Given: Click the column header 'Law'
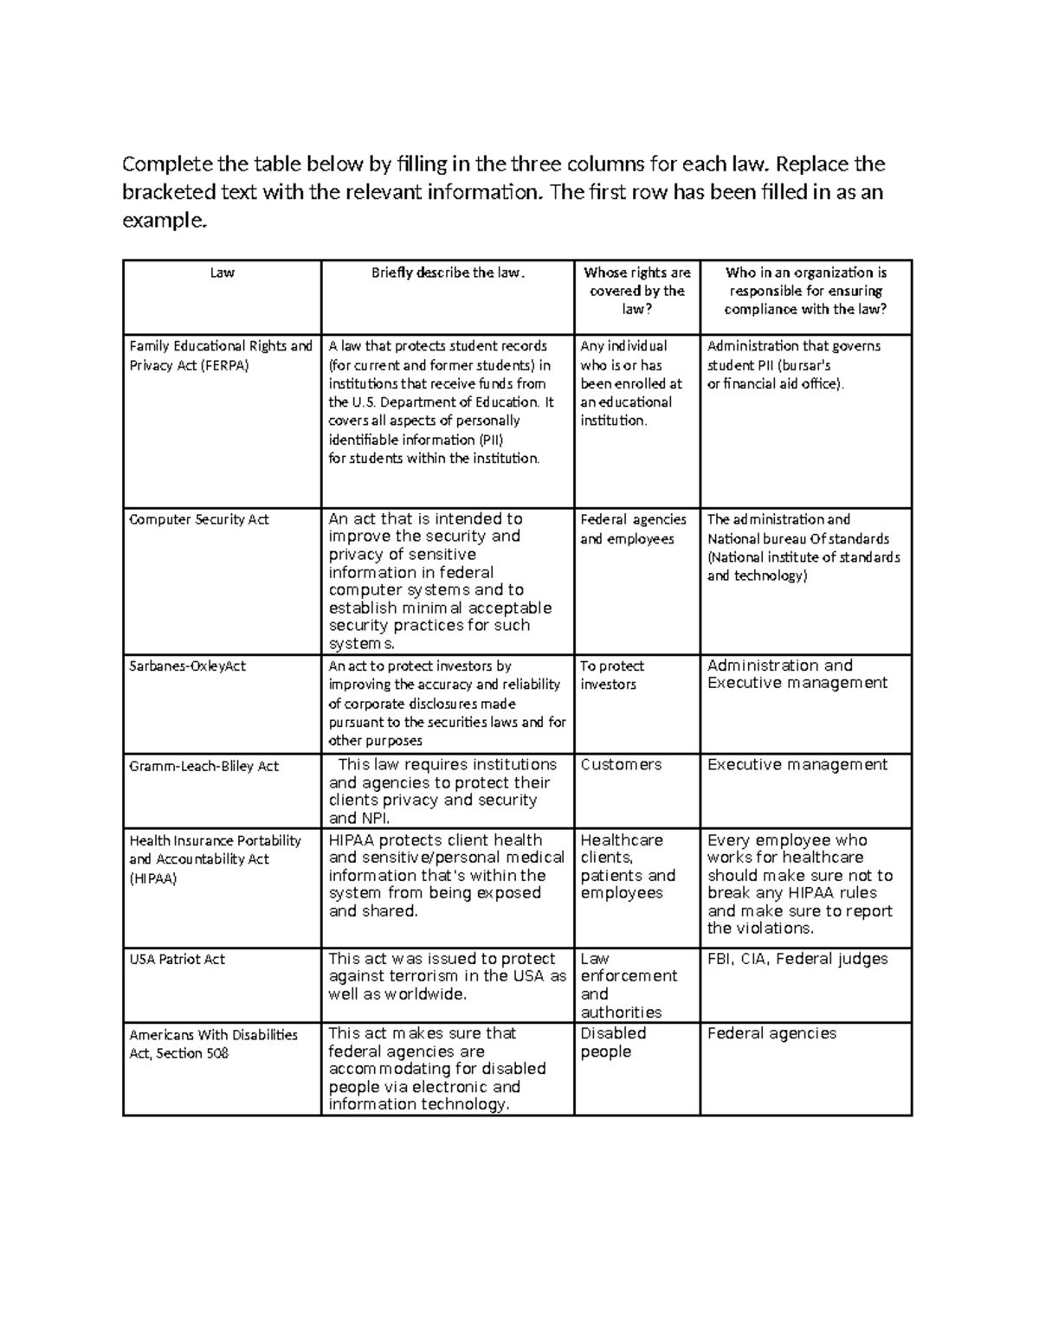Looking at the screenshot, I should (x=222, y=273).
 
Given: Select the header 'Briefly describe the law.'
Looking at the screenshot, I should (x=448, y=273).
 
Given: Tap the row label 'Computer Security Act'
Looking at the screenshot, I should (x=198, y=519).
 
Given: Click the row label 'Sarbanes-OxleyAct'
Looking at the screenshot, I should (x=187, y=666).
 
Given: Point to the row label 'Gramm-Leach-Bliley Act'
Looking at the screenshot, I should (x=203, y=766).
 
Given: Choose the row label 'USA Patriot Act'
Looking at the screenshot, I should (x=177, y=959).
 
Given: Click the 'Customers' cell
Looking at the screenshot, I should (x=621, y=765).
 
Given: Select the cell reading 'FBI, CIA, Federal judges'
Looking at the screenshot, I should (x=797, y=959).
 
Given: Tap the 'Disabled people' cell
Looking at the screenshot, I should (x=613, y=1043).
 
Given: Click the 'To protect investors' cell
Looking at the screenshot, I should (x=611, y=675).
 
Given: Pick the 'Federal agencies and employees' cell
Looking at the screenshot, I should (x=632, y=529).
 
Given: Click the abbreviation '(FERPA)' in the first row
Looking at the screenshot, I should (x=224, y=365).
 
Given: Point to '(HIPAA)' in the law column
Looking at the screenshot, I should (x=152, y=878).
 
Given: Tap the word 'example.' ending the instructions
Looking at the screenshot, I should (x=165, y=221).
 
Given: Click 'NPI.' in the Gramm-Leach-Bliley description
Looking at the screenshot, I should (x=374, y=818).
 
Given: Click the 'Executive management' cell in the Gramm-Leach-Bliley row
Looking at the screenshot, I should (x=797, y=765).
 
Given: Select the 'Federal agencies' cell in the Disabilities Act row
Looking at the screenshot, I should (x=771, y=1033).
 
